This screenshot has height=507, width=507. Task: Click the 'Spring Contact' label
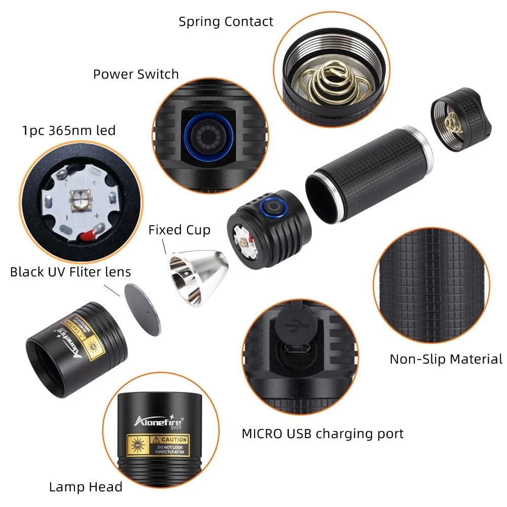point(226,22)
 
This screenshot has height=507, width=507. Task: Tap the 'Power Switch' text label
point(136,74)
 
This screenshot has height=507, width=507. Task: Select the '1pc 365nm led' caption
point(69,130)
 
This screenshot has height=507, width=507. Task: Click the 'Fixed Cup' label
point(179,230)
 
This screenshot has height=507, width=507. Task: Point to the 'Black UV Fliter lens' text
point(70,272)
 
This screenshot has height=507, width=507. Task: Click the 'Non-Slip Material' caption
point(446,359)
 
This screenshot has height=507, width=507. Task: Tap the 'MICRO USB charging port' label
point(322,433)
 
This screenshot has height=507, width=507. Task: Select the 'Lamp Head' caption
point(86,487)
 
